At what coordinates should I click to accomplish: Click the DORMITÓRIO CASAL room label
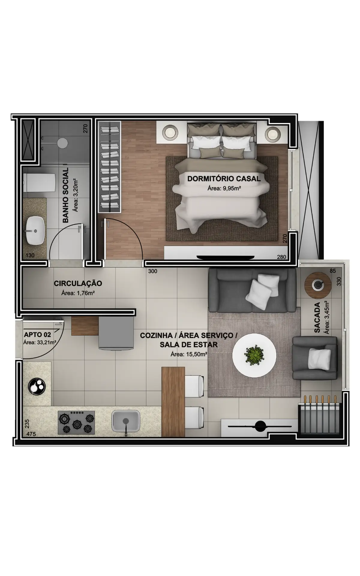pos(224,179)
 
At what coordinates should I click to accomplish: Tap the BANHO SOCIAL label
pos(66,195)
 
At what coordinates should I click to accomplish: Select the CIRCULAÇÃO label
pos(78,283)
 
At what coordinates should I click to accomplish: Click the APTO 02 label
pos(37,334)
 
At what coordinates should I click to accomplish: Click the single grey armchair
pos(315,358)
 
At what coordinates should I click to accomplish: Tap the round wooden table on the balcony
pos(318,285)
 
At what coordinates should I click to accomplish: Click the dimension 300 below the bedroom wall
pos(153,271)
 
